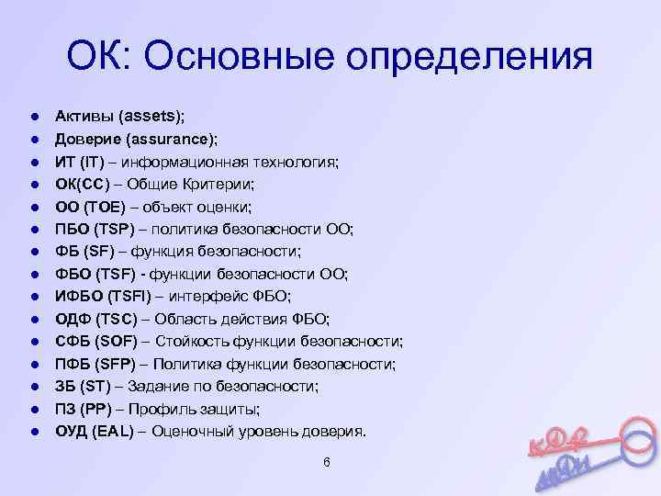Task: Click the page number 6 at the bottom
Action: click(x=327, y=461)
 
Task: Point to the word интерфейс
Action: click(x=218, y=296)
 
